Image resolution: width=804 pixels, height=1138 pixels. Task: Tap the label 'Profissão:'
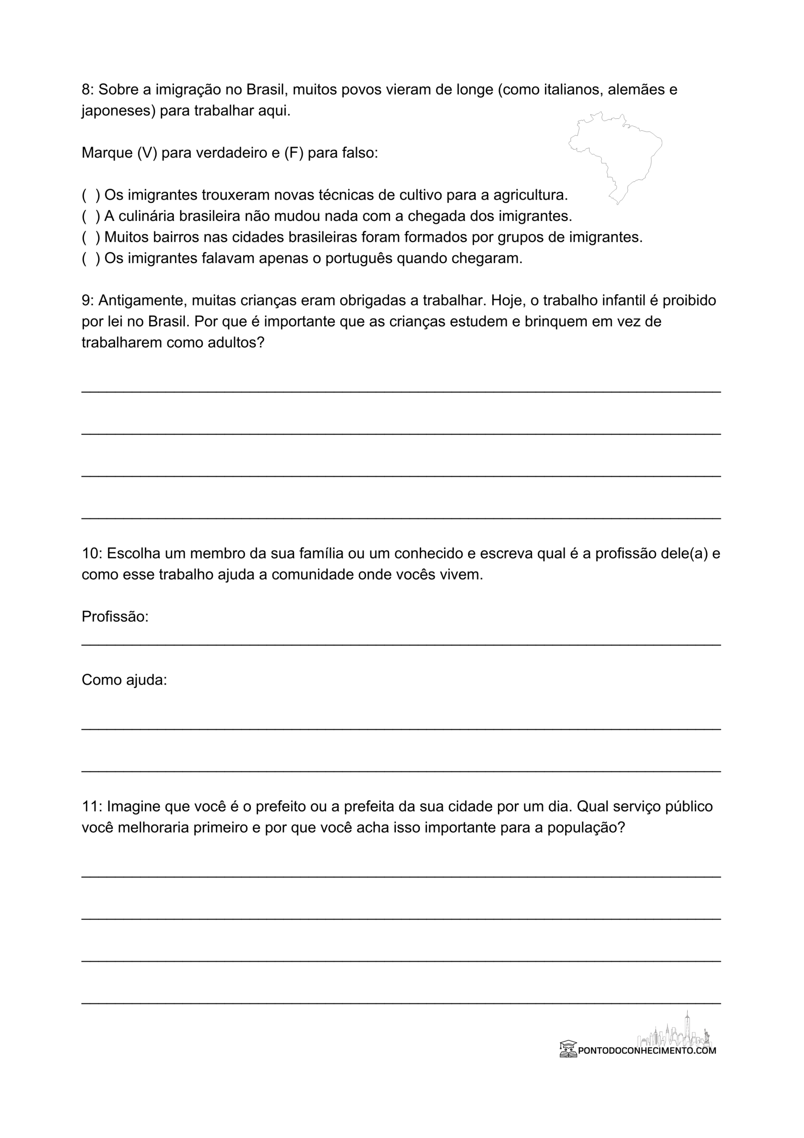(x=115, y=617)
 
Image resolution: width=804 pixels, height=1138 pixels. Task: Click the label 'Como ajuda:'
(x=124, y=680)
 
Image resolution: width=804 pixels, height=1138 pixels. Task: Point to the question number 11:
(x=92, y=806)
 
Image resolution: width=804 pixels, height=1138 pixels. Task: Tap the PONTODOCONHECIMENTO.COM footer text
(x=647, y=1050)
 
